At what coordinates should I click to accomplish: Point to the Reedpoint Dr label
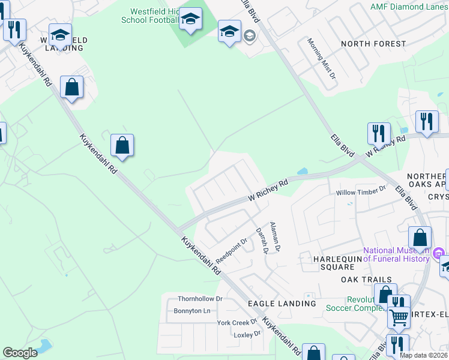pyautogui.click(x=232, y=250)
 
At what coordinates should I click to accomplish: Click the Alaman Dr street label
pyautogui.click(x=275, y=236)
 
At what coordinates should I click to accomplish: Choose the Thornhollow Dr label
pyautogui.click(x=200, y=298)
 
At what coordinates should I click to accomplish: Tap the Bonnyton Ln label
pyautogui.click(x=191, y=311)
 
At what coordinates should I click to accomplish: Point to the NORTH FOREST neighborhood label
pyautogui.click(x=373, y=44)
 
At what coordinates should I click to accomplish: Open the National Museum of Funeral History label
pyautogui.click(x=396, y=254)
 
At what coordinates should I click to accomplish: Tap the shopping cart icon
pyautogui.click(x=399, y=317)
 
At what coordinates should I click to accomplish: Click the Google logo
pyautogui.click(x=20, y=353)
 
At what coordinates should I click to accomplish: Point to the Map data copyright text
pyautogui.click(x=423, y=355)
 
